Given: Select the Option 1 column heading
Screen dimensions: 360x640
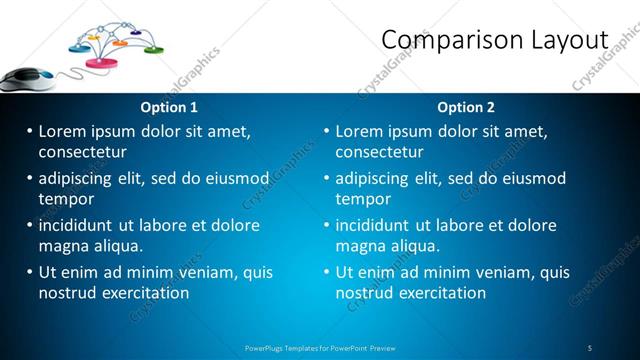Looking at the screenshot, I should pyautogui.click(x=170, y=107).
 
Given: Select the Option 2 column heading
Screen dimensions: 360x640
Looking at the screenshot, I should pyautogui.click(x=466, y=107).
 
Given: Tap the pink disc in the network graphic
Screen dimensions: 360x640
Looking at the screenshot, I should pyautogui.click(x=102, y=63).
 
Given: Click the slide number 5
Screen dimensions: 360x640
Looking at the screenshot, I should pyautogui.click(x=590, y=348).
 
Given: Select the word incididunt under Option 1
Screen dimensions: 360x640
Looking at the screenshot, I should pyautogui.click(x=79, y=225).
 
